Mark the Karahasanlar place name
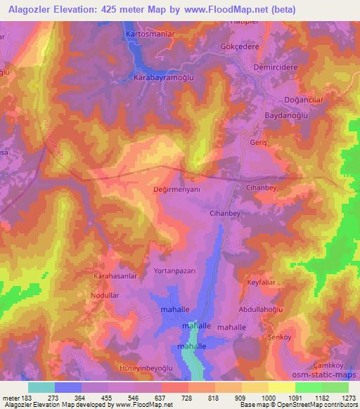(115, 277)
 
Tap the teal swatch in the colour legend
(41, 387)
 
